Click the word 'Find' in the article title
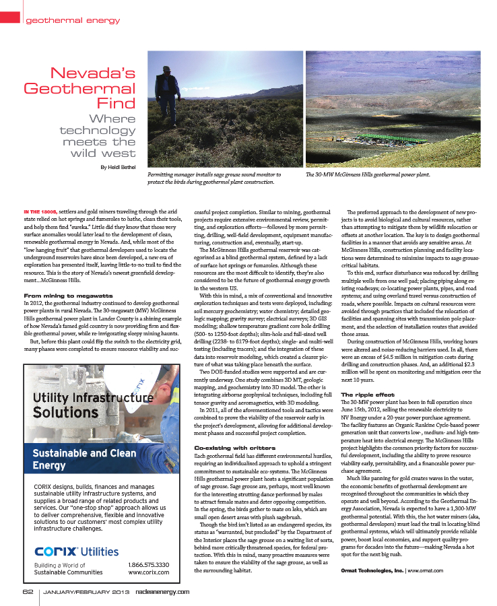[117, 103]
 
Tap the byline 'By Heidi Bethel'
[119, 167]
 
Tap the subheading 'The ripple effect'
[368, 394]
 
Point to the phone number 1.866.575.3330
[148, 564]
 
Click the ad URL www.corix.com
[149, 572]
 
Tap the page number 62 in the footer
[28, 592]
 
